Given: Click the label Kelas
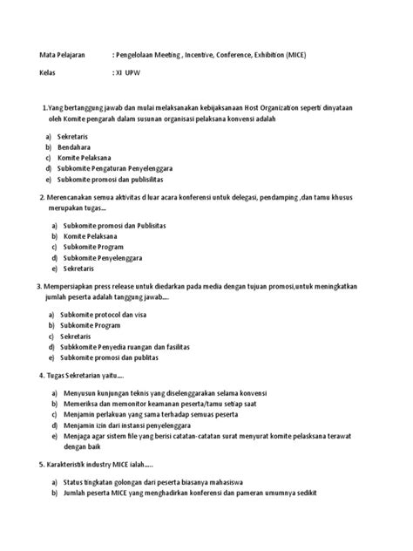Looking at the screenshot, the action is point(48,76).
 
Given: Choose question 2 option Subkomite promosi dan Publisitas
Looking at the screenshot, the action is point(113,226).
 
